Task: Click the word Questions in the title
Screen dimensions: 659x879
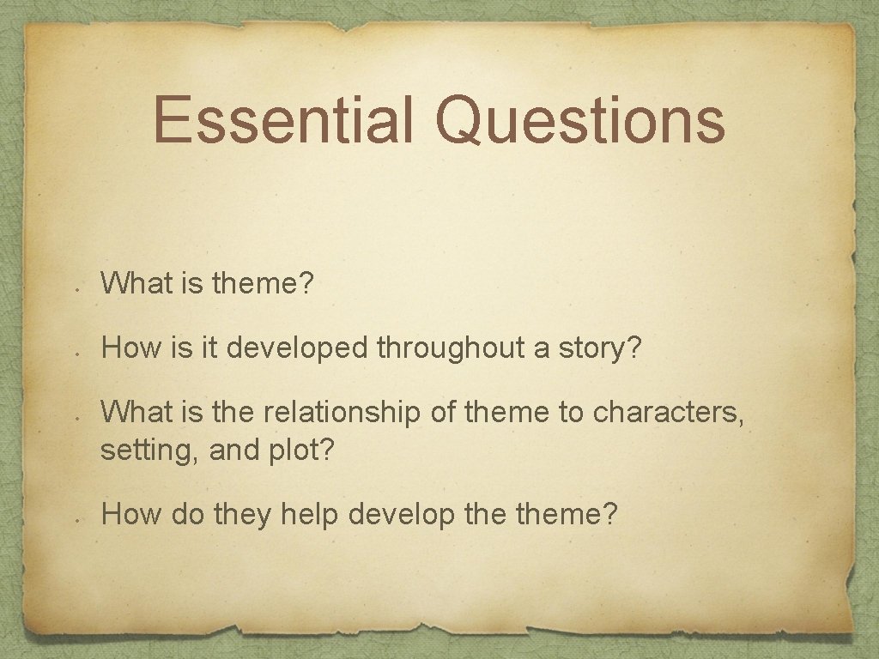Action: (x=580, y=120)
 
